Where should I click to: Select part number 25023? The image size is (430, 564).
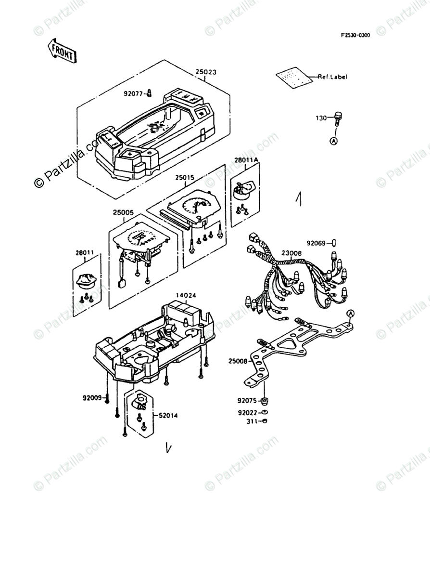(x=206, y=72)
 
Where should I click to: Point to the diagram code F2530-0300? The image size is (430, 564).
(x=355, y=35)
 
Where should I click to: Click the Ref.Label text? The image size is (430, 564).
(x=333, y=77)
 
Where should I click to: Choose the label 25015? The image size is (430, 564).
(x=184, y=178)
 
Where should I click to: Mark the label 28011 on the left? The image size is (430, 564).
(x=84, y=251)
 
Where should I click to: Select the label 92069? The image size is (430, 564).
(x=317, y=243)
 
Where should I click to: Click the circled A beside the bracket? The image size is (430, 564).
(x=351, y=314)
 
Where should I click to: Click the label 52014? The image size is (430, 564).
(x=168, y=415)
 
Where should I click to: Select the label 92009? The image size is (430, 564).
(x=92, y=398)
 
